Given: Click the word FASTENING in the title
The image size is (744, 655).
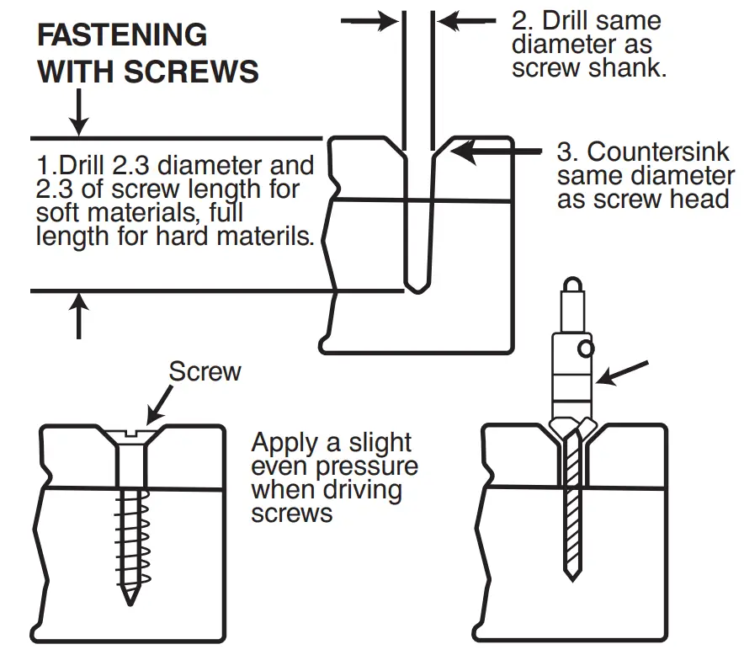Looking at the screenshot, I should pyautogui.click(x=123, y=35).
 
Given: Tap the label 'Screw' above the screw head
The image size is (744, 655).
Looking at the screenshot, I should pyautogui.click(x=205, y=371).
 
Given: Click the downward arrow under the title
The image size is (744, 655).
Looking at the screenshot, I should pyautogui.click(x=78, y=112).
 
